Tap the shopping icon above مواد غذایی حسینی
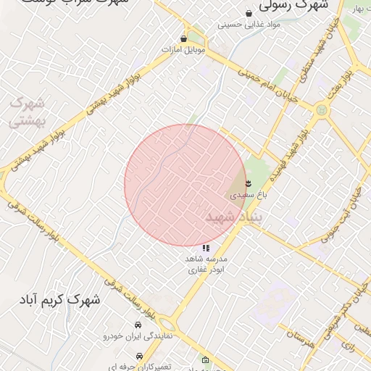pos(249,13)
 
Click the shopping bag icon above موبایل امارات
pos(183,39)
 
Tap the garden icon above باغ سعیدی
pos(249,183)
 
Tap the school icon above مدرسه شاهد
pos(207,248)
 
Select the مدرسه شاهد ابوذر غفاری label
pos(207,264)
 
